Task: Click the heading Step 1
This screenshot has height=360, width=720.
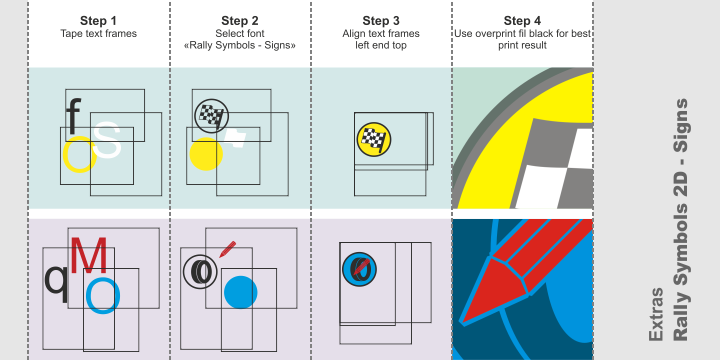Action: [x=97, y=20]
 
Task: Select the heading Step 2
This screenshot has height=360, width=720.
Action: [x=239, y=20]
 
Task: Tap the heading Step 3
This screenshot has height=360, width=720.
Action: [x=381, y=20]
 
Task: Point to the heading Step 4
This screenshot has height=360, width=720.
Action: [x=523, y=20]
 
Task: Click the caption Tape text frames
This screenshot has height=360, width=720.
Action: [x=97, y=34]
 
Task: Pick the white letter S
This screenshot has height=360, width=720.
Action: [x=108, y=142]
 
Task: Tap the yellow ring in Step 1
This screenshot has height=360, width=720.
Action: [x=79, y=154]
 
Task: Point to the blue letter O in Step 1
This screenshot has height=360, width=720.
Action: [x=102, y=295]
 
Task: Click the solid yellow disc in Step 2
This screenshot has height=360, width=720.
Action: [x=205, y=154]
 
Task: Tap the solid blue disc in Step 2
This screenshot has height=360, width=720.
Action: [x=240, y=293]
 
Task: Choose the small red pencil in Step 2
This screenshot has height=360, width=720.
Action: [x=227, y=247]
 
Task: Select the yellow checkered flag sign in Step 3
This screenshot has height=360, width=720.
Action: [x=373, y=141]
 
